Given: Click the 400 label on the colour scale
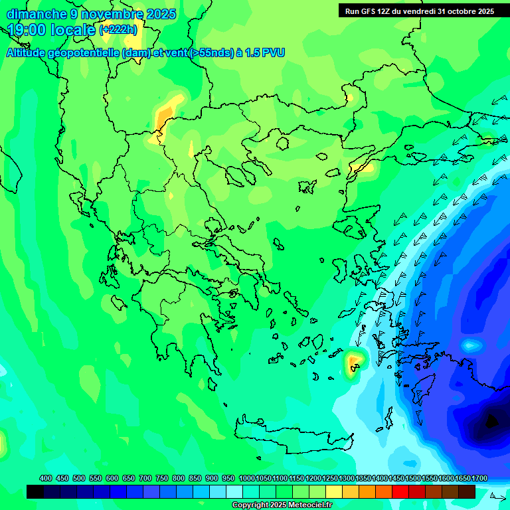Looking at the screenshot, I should pos(46,478).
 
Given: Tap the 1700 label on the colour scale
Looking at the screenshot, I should pos(479,478).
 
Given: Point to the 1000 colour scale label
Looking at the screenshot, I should pos(247,478).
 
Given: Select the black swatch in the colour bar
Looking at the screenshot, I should pos(35,491).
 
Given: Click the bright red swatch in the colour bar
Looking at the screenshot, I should pos(400,491).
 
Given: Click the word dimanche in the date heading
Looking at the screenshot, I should pos(37,14).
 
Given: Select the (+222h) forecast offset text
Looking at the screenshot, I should pos(118,30).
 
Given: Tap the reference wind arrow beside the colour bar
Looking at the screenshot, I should pos(497,495).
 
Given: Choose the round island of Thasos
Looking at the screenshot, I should pos(282,143).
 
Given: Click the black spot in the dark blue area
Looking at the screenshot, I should pos(491,421).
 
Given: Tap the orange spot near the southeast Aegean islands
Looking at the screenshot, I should pos(354,361).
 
